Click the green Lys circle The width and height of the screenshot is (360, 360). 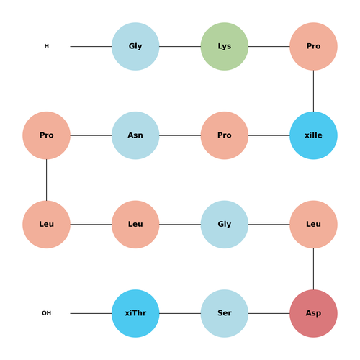[225, 46]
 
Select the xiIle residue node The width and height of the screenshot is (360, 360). [313, 135]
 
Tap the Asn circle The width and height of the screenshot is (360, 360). [135, 135]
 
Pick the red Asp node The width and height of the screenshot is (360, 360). [313, 313]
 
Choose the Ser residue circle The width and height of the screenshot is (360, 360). [225, 313]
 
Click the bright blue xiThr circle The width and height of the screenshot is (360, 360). [135, 313]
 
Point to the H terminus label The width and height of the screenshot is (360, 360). [47, 46]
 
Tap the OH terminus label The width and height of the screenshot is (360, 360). [47, 313]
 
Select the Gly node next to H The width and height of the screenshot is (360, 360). [135, 46]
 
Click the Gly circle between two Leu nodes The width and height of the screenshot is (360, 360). [225, 225]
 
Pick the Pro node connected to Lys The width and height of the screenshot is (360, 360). [313, 46]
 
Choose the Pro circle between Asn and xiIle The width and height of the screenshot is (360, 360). [225, 135]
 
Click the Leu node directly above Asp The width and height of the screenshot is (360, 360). [313, 225]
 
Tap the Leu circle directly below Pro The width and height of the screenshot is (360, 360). [46, 225]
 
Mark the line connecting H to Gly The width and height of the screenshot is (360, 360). [91, 46]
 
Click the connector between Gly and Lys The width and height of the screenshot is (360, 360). [180, 46]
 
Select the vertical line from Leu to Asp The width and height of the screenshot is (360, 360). [313, 269]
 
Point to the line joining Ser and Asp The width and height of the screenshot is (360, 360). [269, 313]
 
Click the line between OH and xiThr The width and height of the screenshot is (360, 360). [91, 313]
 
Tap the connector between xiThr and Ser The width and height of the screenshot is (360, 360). [180, 313]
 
